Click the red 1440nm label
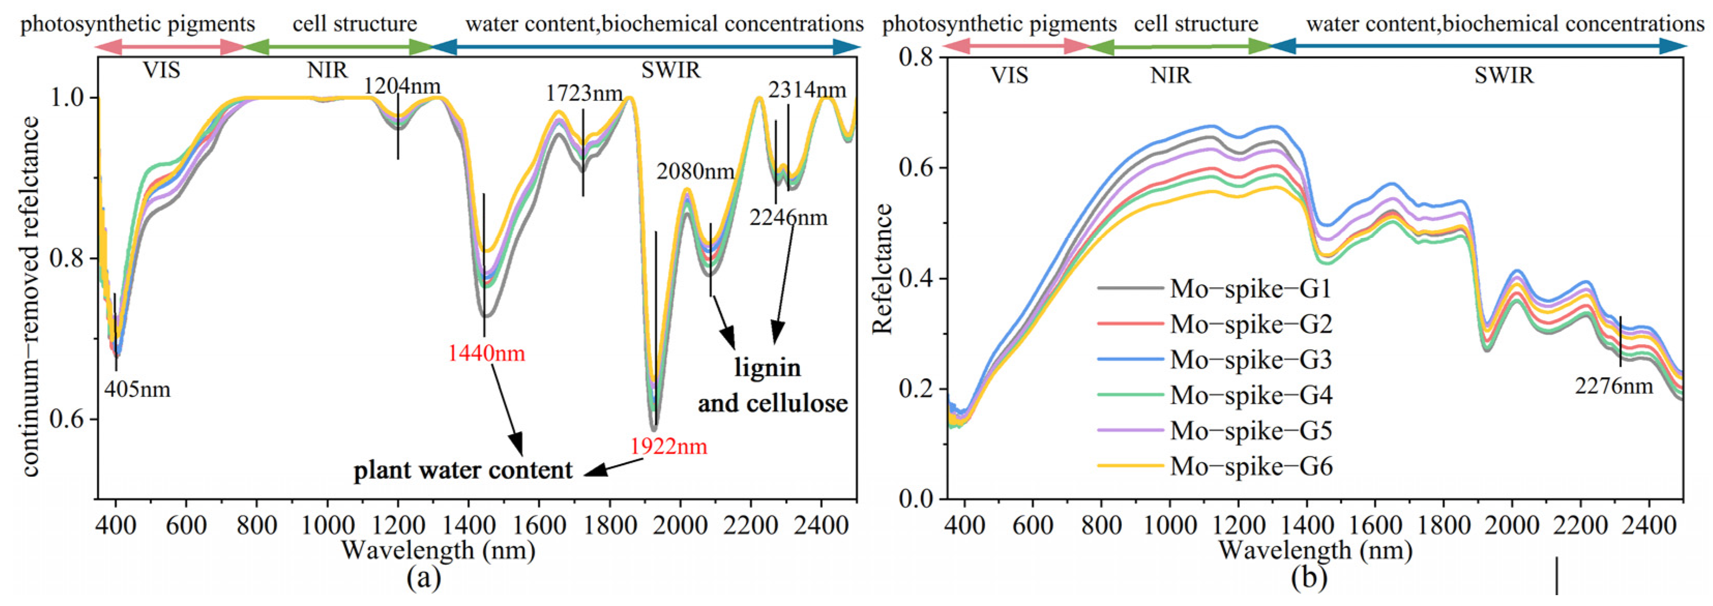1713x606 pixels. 486,353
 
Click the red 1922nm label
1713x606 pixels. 668,447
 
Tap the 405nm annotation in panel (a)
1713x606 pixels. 137,389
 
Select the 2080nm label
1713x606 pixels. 695,172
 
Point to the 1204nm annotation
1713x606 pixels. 402,86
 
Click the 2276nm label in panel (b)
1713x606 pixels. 1613,386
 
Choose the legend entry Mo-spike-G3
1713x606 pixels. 1251,360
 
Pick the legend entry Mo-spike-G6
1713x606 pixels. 1251,466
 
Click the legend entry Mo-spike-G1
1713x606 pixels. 1251,289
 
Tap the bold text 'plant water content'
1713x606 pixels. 462,470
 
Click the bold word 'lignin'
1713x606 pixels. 767,367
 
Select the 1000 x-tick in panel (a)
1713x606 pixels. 327,525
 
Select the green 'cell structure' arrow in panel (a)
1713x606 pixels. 338,47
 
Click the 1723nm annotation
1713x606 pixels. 584,94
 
